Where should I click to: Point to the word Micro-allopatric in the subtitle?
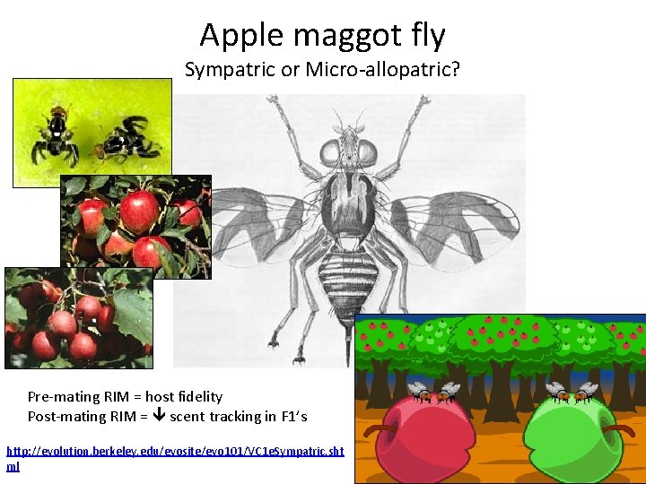pos(381,70)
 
